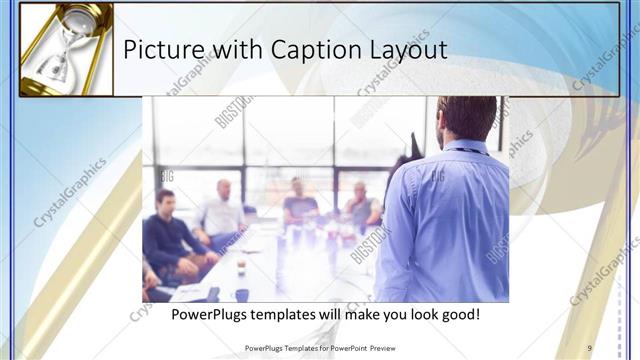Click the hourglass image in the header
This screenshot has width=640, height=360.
tap(65, 49)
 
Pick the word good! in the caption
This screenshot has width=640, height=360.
tap(460, 315)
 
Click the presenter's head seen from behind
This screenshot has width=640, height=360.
tap(466, 118)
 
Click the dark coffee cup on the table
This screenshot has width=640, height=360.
tap(241, 294)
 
